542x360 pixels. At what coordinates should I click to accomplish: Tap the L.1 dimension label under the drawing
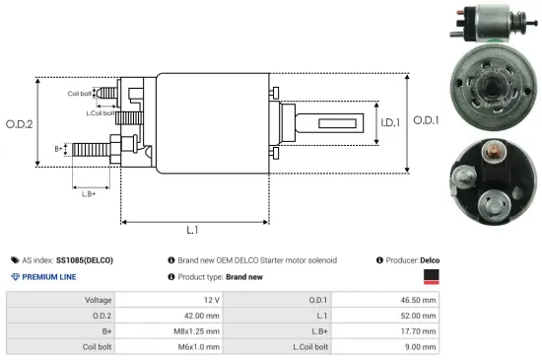193,230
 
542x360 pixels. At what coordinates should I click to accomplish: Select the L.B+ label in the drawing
88,193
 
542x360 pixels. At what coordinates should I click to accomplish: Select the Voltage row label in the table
98,299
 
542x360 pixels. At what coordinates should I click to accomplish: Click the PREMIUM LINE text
48,277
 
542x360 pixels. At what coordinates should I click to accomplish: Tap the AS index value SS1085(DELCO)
85,259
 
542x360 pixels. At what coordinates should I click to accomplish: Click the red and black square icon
430,277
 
